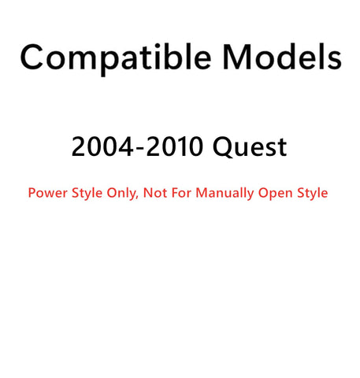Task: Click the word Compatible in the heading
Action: [116, 59]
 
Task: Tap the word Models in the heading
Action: [282, 57]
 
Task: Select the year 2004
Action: [102, 146]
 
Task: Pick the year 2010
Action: [175, 146]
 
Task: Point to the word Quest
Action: [250, 147]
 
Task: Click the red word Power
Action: [48, 193]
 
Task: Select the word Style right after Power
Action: [87, 194]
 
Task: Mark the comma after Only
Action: [137, 198]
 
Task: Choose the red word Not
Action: [155, 193]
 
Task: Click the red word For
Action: [181, 193]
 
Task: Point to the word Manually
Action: [225, 194]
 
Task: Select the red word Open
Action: [276, 194]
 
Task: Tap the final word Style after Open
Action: [313, 194]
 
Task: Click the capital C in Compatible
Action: [32, 57]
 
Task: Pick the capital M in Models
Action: [238, 57]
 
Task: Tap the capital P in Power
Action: [32, 193]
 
